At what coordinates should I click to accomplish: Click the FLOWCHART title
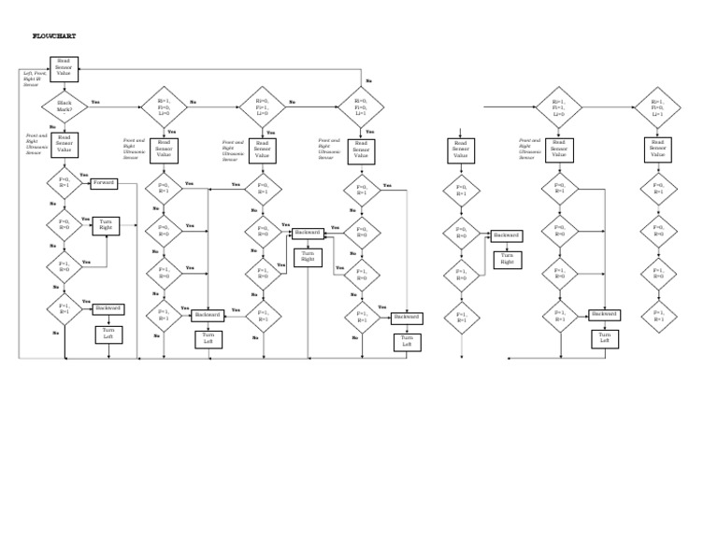coord(54,36)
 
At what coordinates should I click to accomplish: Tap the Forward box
coord(105,183)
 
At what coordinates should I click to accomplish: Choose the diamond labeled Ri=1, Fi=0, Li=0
coord(164,106)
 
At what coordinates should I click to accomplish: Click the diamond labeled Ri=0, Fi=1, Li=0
coord(262,106)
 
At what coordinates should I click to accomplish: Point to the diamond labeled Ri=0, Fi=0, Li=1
coord(361,106)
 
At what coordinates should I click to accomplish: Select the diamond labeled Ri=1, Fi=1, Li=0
coord(559,106)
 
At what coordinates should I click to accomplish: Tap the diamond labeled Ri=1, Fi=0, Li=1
coord(658,106)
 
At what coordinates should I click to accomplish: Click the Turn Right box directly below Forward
coord(105,224)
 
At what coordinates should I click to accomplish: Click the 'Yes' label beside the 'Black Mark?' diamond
coord(95,101)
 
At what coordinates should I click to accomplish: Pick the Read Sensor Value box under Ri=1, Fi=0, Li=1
coord(658,149)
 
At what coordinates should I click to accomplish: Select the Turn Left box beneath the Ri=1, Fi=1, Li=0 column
coord(604,338)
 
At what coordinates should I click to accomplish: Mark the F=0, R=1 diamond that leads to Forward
coord(65,183)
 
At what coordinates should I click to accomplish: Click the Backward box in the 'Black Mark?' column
coord(108,308)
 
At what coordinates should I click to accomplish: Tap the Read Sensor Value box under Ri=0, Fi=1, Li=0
coord(262,149)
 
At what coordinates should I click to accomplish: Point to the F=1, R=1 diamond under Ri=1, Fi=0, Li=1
coord(658,316)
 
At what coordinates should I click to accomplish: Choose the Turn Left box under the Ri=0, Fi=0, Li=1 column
coord(407,341)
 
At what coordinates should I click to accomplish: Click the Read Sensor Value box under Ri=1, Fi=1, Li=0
coord(559,149)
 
